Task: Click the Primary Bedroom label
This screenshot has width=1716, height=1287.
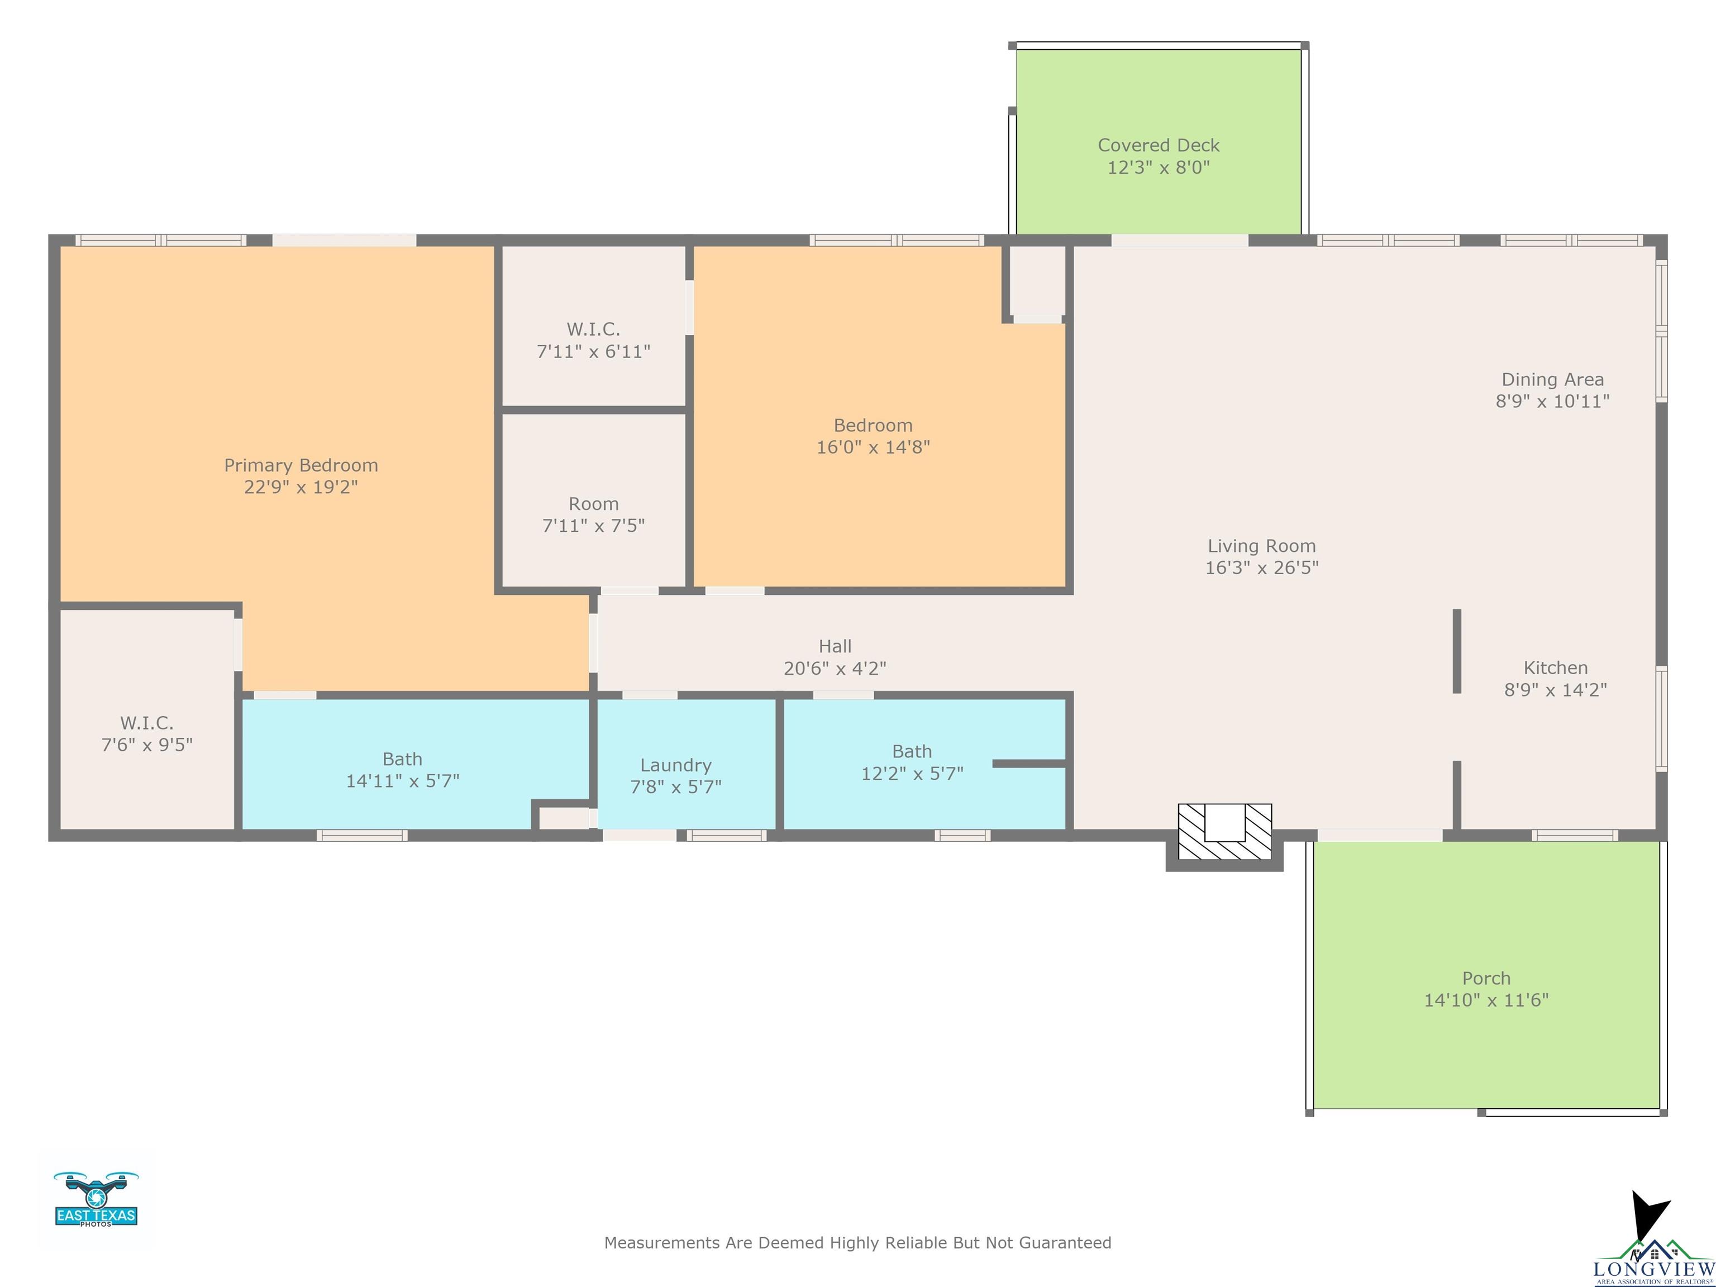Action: click(x=301, y=465)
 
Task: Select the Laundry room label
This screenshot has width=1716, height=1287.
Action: click(x=676, y=766)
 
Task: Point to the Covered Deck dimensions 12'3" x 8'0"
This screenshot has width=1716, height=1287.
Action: click(x=1158, y=168)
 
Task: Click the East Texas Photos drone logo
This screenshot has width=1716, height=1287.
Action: click(x=96, y=1199)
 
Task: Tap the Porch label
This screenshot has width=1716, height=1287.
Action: click(x=1486, y=978)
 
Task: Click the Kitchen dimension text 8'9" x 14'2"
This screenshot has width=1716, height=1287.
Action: click(x=1556, y=690)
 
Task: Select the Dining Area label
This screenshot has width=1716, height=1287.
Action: click(x=1552, y=379)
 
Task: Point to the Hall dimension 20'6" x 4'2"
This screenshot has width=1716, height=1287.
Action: click(x=835, y=668)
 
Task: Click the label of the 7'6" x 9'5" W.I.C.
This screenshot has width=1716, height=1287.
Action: click(x=146, y=723)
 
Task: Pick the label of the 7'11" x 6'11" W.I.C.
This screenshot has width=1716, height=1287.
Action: click(x=593, y=329)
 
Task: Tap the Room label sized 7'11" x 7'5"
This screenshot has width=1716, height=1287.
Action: click(x=593, y=504)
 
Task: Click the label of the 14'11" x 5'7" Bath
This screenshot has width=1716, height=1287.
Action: click(x=403, y=760)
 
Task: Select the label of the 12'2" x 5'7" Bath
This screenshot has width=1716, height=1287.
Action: click(x=912, y=752)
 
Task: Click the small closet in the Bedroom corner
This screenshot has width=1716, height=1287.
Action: click(x=1036, y=279)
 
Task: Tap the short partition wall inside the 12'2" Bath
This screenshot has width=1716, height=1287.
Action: click(x=1029, y=764)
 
